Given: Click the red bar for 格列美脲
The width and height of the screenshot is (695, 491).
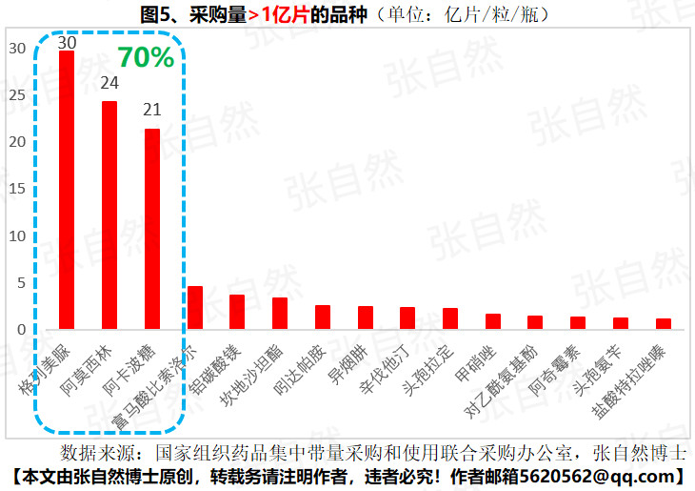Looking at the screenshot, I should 67,190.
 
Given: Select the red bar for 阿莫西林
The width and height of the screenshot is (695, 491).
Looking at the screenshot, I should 109,215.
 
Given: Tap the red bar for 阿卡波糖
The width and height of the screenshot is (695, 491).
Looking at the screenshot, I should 152,229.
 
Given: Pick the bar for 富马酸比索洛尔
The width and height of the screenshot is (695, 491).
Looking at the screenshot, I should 195,307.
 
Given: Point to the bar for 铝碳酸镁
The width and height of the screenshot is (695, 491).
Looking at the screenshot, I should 237,312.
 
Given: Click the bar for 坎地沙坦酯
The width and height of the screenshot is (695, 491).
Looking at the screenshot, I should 280,313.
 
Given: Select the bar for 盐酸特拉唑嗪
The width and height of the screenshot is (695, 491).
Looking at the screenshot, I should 664,324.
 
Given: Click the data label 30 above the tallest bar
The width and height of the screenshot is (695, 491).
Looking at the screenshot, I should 67,42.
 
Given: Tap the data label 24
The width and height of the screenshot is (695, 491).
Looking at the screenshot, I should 109,83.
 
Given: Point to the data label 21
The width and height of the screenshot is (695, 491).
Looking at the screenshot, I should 152,110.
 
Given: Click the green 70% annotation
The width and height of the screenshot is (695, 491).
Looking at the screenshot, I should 145,57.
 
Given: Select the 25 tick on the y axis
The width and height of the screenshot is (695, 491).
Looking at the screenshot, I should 18,94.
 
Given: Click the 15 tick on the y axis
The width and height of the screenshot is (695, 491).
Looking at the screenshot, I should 18,188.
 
